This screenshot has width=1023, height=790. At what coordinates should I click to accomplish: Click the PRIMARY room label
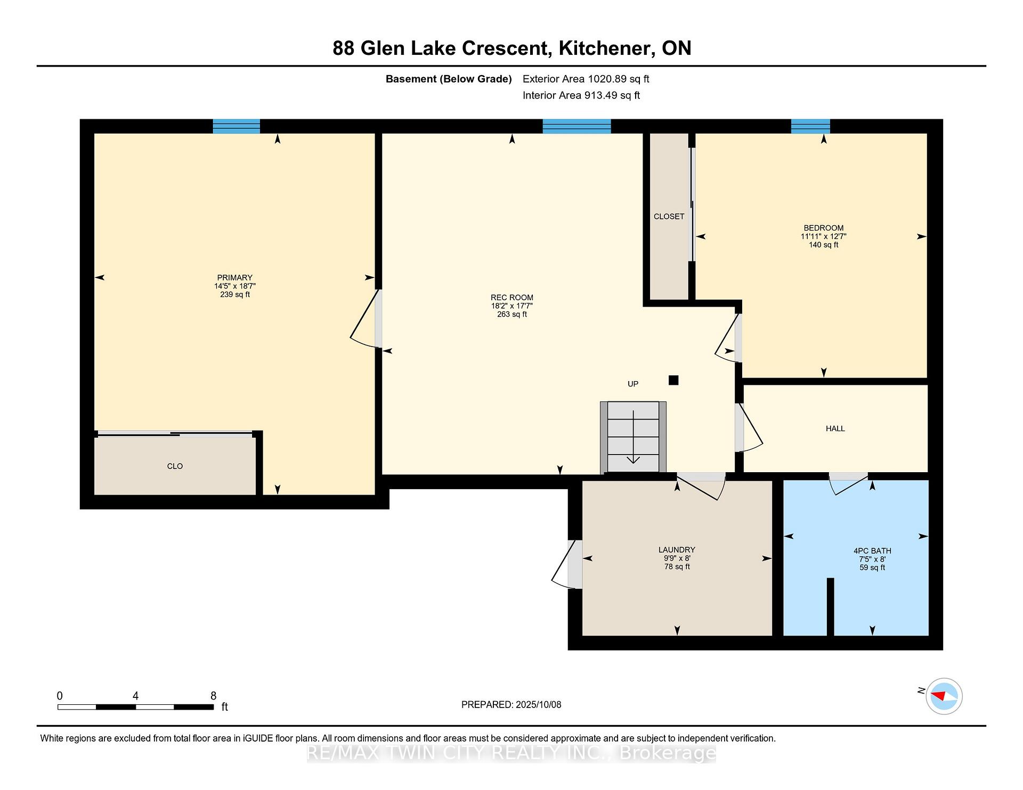coord(235,277)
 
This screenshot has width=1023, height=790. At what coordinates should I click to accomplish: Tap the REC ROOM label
coord(512,298)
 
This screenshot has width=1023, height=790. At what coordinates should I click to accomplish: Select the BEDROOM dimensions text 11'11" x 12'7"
coord(824,236)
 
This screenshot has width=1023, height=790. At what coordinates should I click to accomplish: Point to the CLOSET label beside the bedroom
coord(669,217)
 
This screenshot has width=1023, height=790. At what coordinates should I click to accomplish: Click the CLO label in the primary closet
coord(175,466)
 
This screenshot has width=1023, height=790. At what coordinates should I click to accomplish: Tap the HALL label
coord(835,429)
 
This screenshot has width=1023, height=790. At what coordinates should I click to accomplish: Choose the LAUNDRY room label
coord(677,550)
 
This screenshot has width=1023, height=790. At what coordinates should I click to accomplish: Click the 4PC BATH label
coord(872,551)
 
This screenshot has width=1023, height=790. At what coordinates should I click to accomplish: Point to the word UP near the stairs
coord(633,384)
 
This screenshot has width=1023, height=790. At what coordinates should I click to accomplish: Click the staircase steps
coord(634,437)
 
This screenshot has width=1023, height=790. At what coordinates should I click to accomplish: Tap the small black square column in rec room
coord(673,380)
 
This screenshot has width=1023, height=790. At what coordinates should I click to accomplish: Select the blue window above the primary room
coord(237,126)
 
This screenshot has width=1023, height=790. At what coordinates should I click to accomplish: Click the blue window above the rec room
coord(577,126)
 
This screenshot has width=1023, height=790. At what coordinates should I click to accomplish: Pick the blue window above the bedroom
coord(810,126)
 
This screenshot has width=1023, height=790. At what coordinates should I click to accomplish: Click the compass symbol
coord(944,696)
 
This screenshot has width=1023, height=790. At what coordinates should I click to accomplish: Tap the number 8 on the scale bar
coord(214,696)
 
